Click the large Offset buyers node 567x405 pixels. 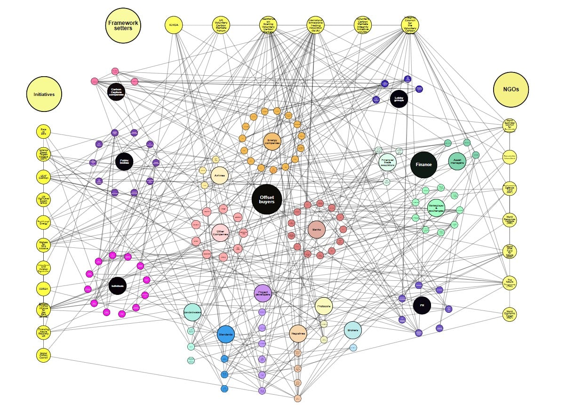tap(267, 199)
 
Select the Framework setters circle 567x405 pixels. tap(123, 25)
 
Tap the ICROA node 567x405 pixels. tap(174, 25)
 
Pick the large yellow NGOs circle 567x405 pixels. tap(511, 89)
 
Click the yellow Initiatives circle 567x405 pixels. tap(44, 94)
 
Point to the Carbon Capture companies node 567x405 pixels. tap(116, 92)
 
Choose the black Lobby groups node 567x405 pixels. tap(399, 99)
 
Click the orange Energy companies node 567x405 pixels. tap(272, 142)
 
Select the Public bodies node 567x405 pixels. tap(124, 161)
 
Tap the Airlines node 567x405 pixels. tap(220, 175)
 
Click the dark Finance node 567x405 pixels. tap(423, 165)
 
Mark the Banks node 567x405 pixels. tap(317, 230)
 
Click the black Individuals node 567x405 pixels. tap(117, 286)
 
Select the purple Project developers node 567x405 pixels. tap(263, 293)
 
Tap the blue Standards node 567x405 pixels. tap(226, 334)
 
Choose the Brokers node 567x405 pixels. tap(352, 330)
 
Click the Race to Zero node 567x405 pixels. tap(43, 132)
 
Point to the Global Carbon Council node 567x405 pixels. tap(43, 355)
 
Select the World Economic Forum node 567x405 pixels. tap(509, 314)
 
